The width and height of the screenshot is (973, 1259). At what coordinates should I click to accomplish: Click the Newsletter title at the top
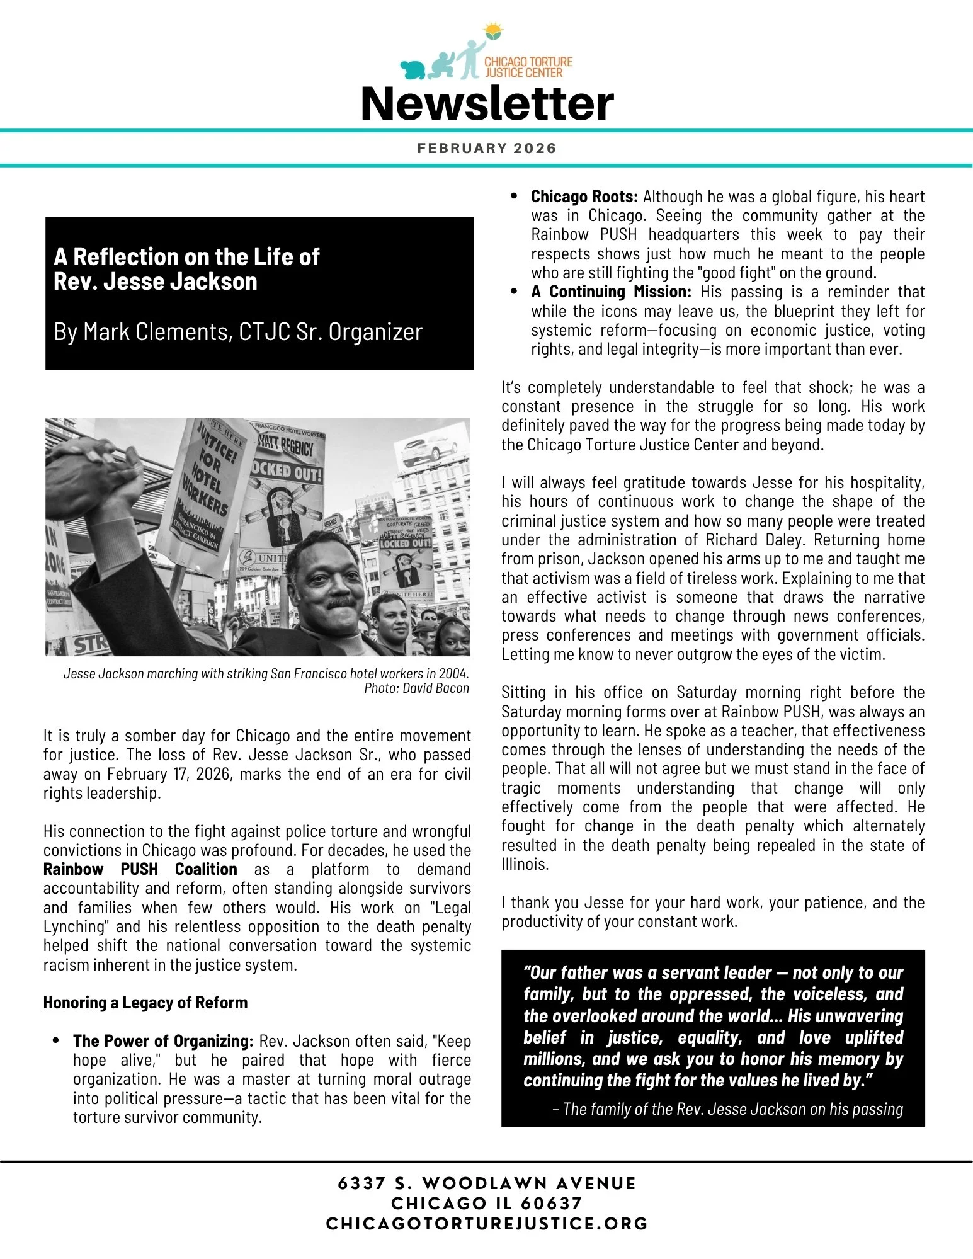click(x=487, y=104)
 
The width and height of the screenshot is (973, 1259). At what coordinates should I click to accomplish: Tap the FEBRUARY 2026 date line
click(x=487, y=149)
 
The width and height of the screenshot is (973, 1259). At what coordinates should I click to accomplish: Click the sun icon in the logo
click(x=493, y=31)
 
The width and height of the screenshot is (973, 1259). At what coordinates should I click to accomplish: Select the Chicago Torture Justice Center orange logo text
click(x=528, y=67)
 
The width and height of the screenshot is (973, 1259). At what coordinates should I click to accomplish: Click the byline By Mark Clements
click(x=238, y=332)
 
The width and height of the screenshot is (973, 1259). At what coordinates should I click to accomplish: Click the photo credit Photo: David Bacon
click(x=416, y=688)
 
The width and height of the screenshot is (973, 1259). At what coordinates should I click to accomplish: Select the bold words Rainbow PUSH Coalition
click(x=140, y=869)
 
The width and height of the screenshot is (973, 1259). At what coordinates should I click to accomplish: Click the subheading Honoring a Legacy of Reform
click(x=145, y=1003)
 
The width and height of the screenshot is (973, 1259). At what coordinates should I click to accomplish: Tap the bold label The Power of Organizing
click(x=163, y=1041)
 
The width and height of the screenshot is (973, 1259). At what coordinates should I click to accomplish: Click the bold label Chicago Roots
click(x=584, y=197)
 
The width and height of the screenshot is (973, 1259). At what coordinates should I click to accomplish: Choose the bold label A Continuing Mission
click(x=611, y=292)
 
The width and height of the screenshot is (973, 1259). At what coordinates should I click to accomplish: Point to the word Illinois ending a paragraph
click(x=525, y=864)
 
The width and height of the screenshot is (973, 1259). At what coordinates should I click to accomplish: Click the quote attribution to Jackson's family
click(x=727, y=1109)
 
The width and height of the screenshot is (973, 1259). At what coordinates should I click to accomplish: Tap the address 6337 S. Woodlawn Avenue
click(x=487, y=1183)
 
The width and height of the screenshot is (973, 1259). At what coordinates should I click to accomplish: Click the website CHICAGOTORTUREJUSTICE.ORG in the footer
click(x=487, y=1224)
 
